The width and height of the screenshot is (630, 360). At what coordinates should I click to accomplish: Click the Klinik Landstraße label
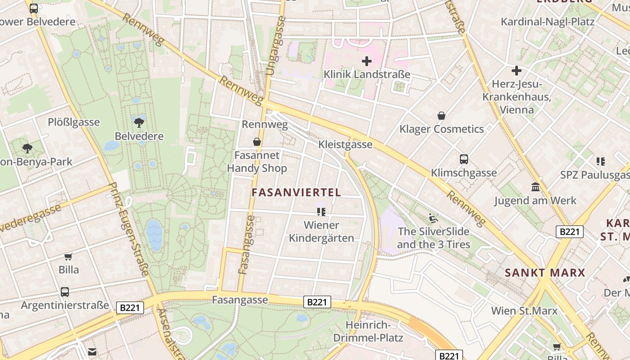click(x=367, y=74)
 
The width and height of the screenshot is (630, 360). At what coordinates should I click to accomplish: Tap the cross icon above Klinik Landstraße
click(x=367, y=61)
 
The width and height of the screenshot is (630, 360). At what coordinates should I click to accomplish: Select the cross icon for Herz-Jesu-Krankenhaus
click(x=517, y=71)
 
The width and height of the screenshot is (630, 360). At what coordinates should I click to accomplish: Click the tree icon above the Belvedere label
click(x=139, y=121)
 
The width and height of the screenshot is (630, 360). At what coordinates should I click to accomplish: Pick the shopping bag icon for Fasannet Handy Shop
click(x=257, y=142)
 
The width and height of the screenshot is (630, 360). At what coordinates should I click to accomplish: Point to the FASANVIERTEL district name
click(x=296, y=193)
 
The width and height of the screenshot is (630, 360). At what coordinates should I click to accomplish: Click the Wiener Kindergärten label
click(x=321, y=231)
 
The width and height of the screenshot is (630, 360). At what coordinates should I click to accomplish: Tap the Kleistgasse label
click(x=345, y=144)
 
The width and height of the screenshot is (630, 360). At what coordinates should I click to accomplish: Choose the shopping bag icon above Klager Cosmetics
click(x=441, y=116)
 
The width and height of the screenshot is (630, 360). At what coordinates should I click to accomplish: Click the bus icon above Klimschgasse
click(x=464, y=159)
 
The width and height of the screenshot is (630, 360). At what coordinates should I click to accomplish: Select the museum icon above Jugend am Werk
click(x=535, y=187)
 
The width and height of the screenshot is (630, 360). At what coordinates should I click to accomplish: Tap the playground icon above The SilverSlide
click(x=433, y=218)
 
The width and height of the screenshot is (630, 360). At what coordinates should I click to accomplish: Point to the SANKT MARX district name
click(x=545, y=273)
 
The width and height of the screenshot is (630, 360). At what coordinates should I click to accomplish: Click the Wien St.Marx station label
click(x=524, y=310)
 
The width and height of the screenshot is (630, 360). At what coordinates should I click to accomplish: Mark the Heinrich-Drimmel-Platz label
click(x=368, y=331)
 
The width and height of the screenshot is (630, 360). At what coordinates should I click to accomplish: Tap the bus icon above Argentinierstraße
click(x=65, y=292)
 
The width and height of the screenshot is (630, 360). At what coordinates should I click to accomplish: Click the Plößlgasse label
click(x=74, y=122)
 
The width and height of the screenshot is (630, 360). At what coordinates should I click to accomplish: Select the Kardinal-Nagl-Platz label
click(x=548, y=22)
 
